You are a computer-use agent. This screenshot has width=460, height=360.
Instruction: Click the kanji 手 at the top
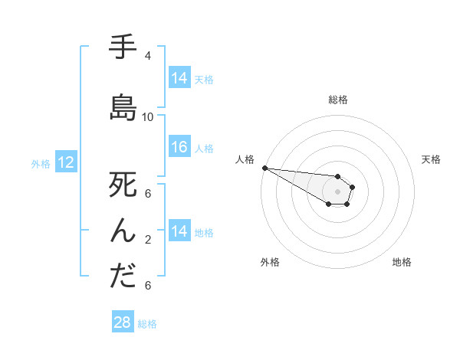pyautogui.click(x=123, y=47)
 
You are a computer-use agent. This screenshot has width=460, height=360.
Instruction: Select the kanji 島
pyautogui.click(x=123, y=108)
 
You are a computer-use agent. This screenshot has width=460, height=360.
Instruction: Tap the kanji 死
pyautogui.click(x=123, y=185)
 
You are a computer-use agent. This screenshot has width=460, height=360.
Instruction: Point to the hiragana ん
pyautogui.click(x=123, y=231)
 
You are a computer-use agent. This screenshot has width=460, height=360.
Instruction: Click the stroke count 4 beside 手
pyautogui.click(x=147, y=56)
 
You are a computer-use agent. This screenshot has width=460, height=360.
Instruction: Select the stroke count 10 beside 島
pyautogui.click(x=148, y=117)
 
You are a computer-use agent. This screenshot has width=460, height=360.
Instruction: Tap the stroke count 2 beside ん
pyautogui.click(x=147, y=240)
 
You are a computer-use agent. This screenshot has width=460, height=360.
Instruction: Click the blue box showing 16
pyautogui.click(x=179, y=147)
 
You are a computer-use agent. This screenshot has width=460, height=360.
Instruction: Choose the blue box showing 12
pyautogui.click(x=65, y=162)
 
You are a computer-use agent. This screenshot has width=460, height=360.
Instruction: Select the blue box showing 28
pyautogui.click(x=123, y=322)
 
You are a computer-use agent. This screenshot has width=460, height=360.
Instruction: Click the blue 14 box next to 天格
pyautogui.click(x=179, y=78)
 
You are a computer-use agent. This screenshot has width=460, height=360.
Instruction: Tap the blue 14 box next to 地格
pyautogui.click(x=179, y=231)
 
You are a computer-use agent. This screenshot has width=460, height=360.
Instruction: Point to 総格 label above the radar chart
pyautogui.click(x=337, y=100)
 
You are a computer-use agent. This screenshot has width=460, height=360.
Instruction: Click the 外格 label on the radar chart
pyautogui.click(x=270, y=262)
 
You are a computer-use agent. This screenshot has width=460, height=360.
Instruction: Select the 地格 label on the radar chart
pyautogui.click(x=402, y=262)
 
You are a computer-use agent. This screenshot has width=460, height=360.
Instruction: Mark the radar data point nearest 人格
pyautogui.click(x=264, y=168)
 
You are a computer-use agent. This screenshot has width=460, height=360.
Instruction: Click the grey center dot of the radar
pyautogui.click(x=337, y=191)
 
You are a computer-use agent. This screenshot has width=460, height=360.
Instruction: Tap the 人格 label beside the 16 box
pyautogui.click(x=204, y=148)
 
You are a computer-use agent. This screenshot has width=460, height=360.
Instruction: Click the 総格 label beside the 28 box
pyautogui.click(x=147, y=324)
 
